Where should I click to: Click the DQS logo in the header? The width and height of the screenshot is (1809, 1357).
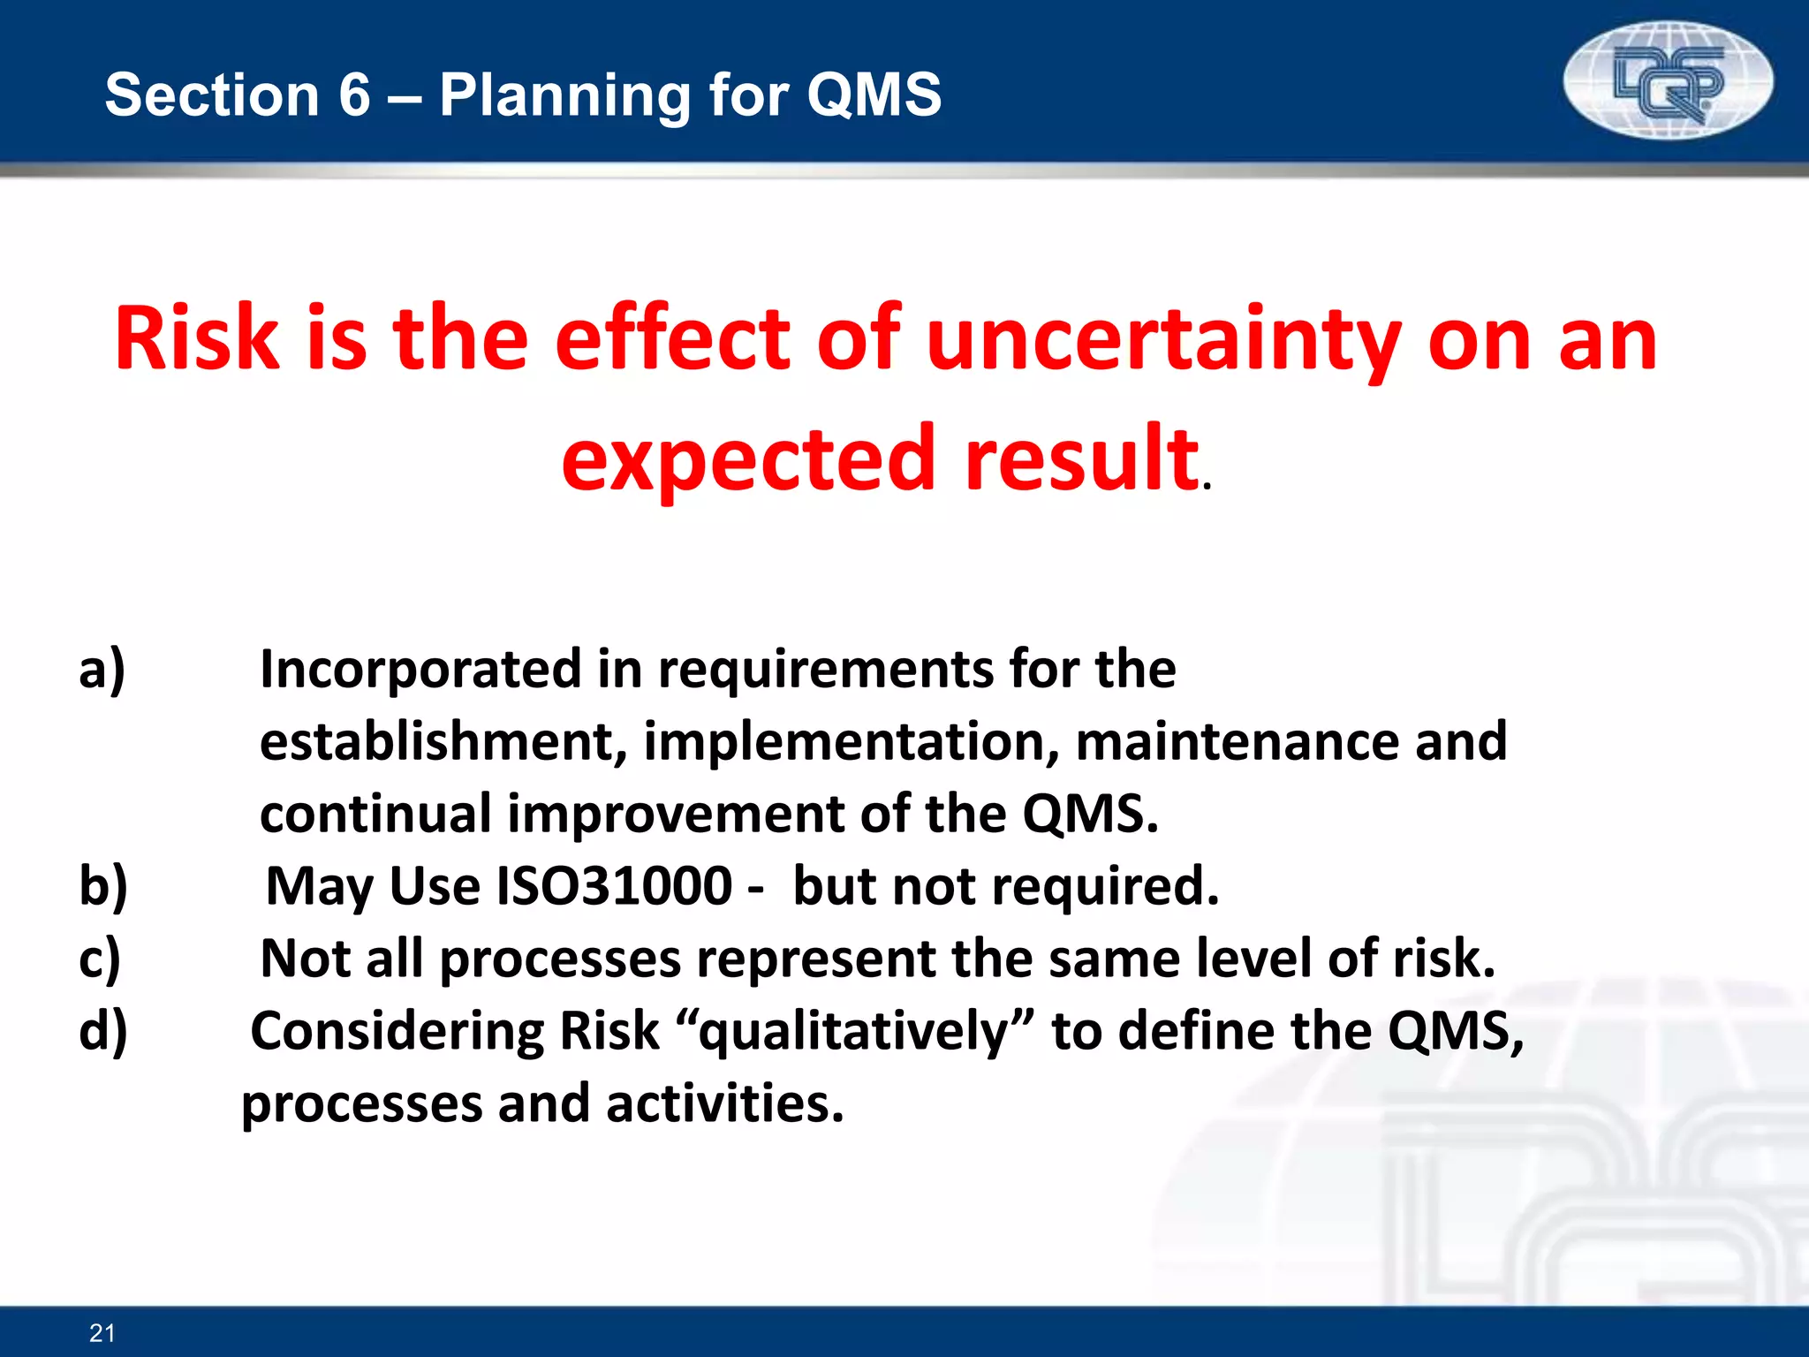click(1668, 81)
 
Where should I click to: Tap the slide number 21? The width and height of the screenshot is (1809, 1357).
click(102, 1333)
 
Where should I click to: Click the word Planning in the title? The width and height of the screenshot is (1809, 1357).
click(565, 95)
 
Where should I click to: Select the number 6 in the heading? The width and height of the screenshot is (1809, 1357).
click(354, 95)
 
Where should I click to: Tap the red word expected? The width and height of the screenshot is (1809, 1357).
click(748, 459)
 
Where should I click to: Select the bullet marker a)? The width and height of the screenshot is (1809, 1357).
click(102, 669)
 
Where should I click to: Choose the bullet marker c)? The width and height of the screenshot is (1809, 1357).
click(100, 959)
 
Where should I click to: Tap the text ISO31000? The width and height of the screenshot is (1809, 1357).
click(614, 886)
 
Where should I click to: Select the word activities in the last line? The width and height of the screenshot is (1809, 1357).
click(724, 1104)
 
